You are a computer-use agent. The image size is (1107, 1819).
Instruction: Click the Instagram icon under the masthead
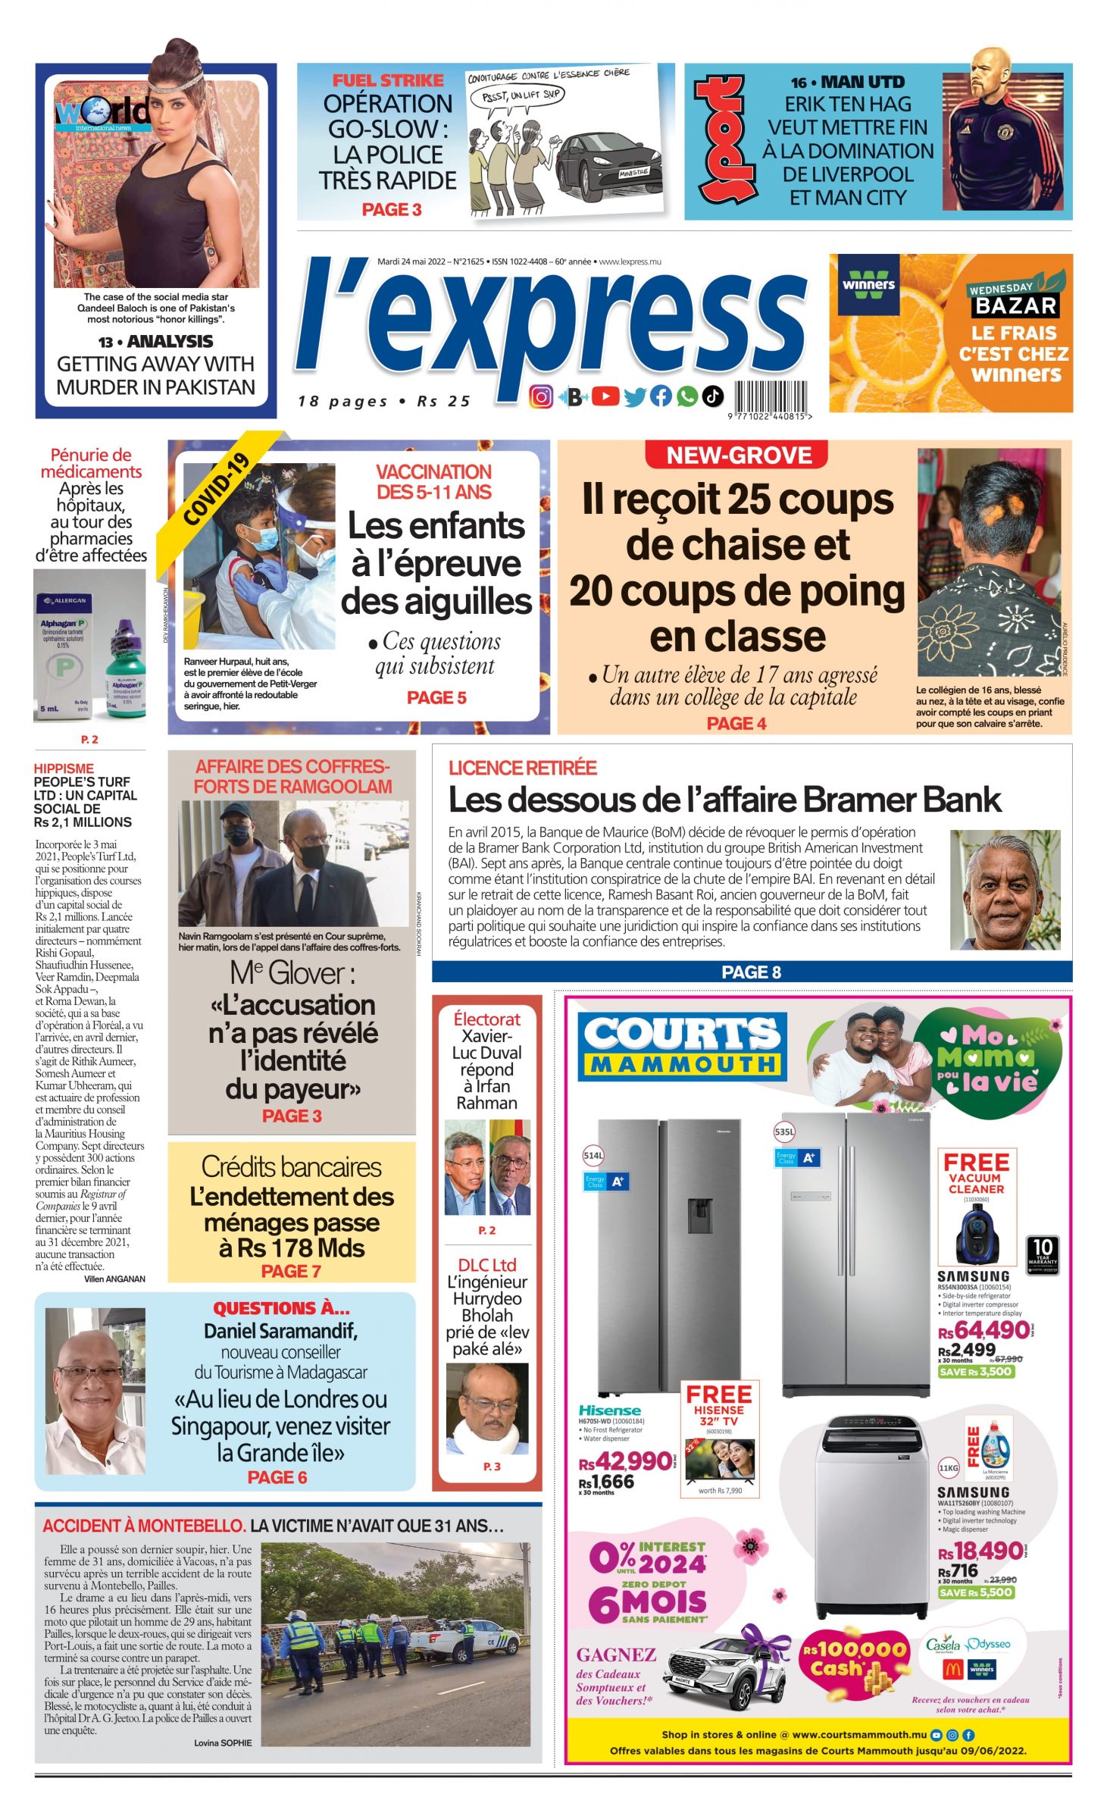pos(540,396)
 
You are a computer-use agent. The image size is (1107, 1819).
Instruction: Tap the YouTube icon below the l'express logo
pos(605,396)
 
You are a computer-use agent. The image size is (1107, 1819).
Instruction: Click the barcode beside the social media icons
pos(769,397)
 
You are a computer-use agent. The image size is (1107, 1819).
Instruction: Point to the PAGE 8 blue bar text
pos(751,972)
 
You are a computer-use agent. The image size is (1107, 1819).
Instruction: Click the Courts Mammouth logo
pos(683,1045)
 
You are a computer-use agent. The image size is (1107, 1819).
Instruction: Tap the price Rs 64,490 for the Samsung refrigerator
pos(983,1329)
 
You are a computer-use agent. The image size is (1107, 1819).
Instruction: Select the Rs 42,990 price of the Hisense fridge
pos(626,1461)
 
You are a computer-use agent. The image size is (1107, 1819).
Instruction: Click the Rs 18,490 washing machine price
pos(980,1551)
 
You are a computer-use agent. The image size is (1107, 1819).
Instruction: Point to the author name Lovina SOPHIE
pos(223,1742)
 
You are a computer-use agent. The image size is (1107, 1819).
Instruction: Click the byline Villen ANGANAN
pos(114,1279)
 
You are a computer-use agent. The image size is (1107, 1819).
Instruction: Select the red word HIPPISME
pos(64,769)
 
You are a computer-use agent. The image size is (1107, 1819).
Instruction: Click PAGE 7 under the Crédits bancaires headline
pos(291,1271)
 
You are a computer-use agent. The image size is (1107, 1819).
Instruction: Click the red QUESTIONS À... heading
pos(281,1307)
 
